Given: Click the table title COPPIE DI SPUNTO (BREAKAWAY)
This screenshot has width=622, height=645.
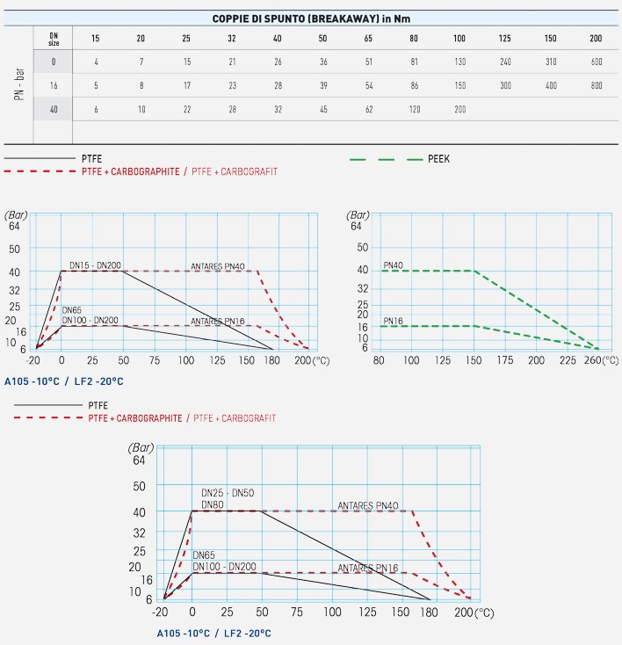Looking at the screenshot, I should tap(311, 18).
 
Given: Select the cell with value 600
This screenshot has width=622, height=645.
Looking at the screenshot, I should tap(597, 62).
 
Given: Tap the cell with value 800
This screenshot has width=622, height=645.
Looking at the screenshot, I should tap(597, 85).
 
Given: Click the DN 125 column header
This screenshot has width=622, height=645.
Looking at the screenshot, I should tap(505, 38).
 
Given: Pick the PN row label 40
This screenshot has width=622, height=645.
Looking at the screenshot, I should tap(54, 109).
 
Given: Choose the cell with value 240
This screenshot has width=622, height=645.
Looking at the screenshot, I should tap(505, 62).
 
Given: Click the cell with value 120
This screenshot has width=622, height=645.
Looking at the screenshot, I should tap(414, 109).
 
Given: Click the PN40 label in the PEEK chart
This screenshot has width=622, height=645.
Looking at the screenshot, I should tap(393, 265).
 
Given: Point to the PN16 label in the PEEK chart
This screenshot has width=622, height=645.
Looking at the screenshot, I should tap(393, 321).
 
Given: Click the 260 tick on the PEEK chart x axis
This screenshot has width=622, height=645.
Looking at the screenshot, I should tap(591, 360).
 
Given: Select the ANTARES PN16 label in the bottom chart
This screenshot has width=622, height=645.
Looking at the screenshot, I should tap(368, 568).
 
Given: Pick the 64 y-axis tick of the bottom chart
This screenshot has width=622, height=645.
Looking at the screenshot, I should tap(137, 460).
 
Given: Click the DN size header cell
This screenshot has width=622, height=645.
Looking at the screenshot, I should tap(54, 38).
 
